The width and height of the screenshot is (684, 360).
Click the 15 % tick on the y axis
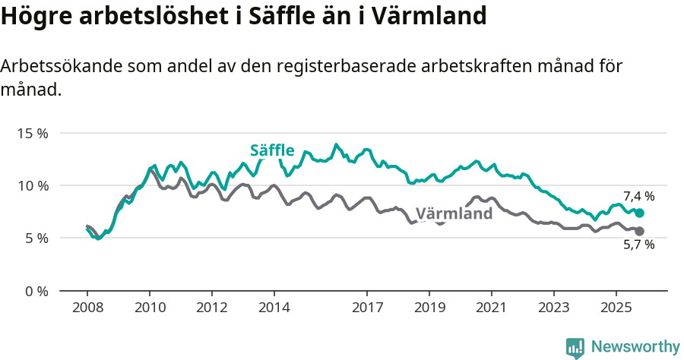[32, 133]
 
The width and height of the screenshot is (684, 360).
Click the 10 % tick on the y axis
[32, 185]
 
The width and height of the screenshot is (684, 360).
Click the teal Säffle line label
[272, 150]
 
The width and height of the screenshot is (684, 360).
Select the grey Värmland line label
[454, 213]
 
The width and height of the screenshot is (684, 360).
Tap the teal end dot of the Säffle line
[639, 213]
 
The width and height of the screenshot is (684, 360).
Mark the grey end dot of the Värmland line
[639, 231]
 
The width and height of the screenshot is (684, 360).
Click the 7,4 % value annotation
[638, 197]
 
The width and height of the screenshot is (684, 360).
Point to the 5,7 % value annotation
[638, 245]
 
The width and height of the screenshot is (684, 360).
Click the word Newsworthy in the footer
[635, 346]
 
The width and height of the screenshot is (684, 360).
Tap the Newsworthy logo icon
[575, 348]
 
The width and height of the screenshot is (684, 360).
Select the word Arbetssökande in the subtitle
[60, 67]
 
